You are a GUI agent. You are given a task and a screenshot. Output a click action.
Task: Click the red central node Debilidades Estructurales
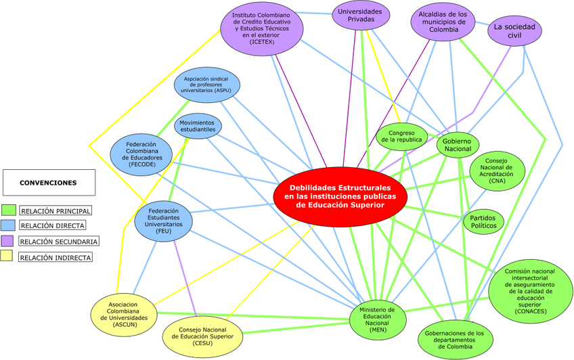point(340,196)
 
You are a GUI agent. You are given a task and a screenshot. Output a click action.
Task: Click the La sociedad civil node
point(514,30)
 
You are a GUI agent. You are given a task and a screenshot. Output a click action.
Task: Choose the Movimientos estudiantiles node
point(198,125)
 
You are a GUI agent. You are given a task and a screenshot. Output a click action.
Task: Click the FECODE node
point(141,153)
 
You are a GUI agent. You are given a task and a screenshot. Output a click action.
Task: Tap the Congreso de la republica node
point(401,136)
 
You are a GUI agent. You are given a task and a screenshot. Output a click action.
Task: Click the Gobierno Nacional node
point(458,144)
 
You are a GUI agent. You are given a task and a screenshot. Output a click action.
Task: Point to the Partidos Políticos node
point(483,222)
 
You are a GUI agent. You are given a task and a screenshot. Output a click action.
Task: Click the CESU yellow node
point(202,335)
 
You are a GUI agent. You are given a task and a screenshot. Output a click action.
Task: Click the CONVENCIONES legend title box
point(48,183)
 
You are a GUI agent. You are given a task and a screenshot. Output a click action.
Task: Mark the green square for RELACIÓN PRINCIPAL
point(9,210)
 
